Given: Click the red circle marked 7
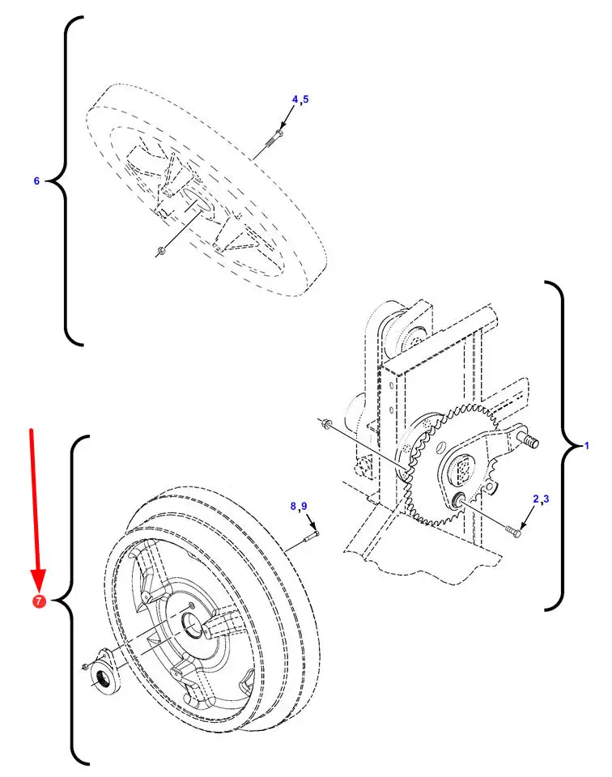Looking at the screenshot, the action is pos(39,601).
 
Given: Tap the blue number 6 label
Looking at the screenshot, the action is pos(36,181).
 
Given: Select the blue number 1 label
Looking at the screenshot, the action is pos(587,446).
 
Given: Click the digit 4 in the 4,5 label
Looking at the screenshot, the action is pos(295,99).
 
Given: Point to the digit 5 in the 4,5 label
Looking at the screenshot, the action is pos(306,99).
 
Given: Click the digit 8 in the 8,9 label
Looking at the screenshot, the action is pos(293,506).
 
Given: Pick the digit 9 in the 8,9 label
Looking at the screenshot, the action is pos(304,506).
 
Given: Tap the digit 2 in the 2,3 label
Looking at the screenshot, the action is pos(536,499).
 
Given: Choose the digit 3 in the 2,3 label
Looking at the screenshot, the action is pos(546,499).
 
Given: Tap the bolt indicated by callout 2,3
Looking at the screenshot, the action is pos(513,531).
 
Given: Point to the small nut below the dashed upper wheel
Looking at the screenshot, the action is pos(159,252).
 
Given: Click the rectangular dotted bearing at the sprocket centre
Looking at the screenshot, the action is pos(464,469).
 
